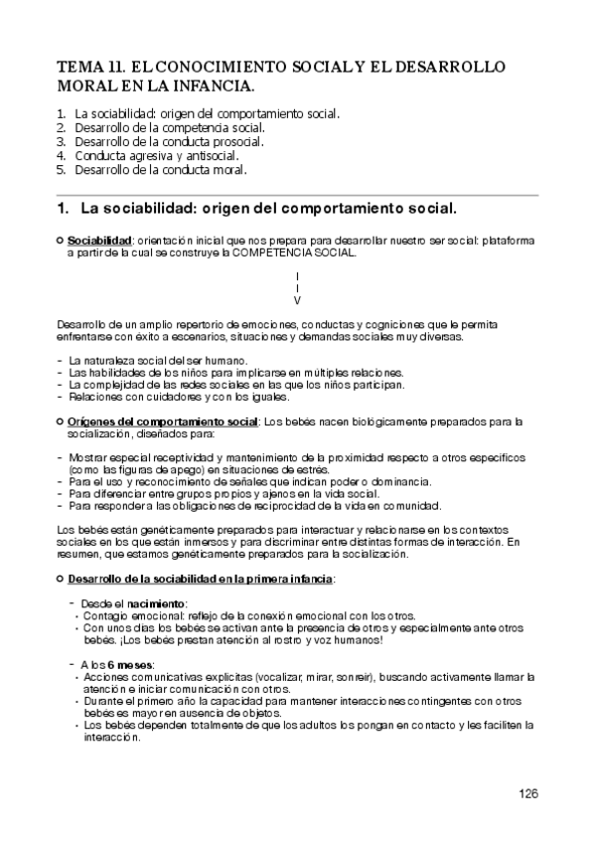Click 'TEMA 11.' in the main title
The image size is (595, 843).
91,67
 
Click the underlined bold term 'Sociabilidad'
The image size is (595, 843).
99,241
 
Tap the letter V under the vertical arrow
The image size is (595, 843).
298,299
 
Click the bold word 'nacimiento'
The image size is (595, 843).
153,603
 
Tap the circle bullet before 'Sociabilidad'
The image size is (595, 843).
60,241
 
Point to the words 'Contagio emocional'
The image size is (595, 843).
124,616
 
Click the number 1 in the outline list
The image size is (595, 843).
62,113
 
